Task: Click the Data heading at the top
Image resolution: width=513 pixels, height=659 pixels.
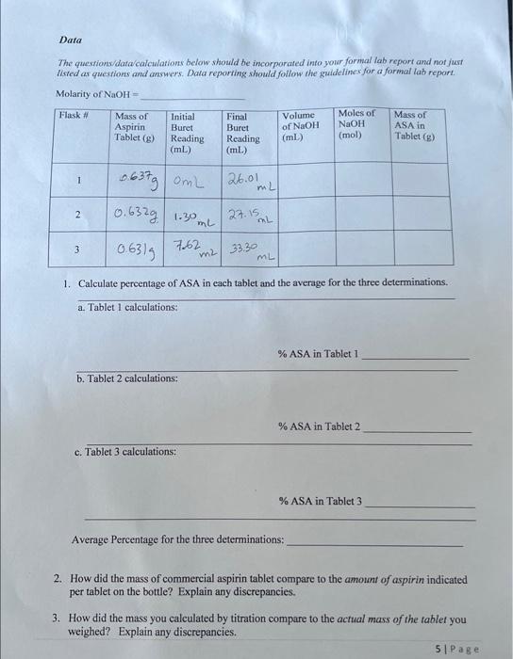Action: pyautogui.click(x=70, y=40)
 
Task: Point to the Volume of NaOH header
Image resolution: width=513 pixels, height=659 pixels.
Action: pyautogui.click(x=301, y=126)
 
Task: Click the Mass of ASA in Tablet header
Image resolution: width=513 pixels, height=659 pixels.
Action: pyautogui.click(x=412, y=123)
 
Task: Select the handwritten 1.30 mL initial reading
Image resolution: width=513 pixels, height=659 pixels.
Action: pyautogui.click(x=191, y=217)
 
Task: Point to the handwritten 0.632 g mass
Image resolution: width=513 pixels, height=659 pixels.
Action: pyautogui.click(x=137, y=215)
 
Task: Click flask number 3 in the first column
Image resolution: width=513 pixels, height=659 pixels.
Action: pyautogui.click(x=81, y=251)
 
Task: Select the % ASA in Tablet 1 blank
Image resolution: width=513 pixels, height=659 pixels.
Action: pyautogui.click(x=415, y=357)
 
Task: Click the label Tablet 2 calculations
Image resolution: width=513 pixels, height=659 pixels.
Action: pyautogui.click(x=126, y=378)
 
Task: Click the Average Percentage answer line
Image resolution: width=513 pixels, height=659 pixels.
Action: pyautogui.click(x=373, y=544)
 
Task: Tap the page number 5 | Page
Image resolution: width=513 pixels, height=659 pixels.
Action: pyautogui.click(x=458, y=649)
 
